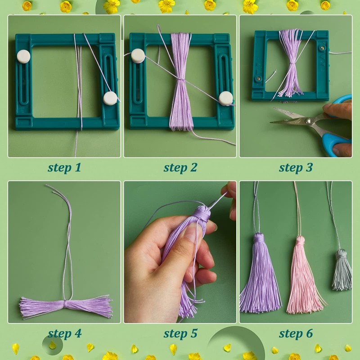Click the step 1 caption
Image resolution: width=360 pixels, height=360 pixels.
point(64,167)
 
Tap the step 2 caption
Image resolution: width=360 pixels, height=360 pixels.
point(180,167)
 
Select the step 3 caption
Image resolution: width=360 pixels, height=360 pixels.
point(296,167)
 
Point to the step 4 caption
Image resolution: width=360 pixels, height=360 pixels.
point(64,333)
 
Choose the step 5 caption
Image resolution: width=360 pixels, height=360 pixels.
point(180,333)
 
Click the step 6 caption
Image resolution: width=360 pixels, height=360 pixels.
point(296,333)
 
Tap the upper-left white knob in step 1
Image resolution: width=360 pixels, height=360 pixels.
point(23,56)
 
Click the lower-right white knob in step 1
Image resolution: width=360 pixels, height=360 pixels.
point(110,98)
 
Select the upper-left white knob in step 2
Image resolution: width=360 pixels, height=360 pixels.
point(138,56)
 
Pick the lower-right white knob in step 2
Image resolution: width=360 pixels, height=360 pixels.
point(226,99)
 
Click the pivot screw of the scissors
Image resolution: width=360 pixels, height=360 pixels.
point(308,121)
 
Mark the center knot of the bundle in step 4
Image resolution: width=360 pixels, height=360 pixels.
point(65,303)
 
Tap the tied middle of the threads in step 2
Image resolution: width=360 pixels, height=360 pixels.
point(181,79)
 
